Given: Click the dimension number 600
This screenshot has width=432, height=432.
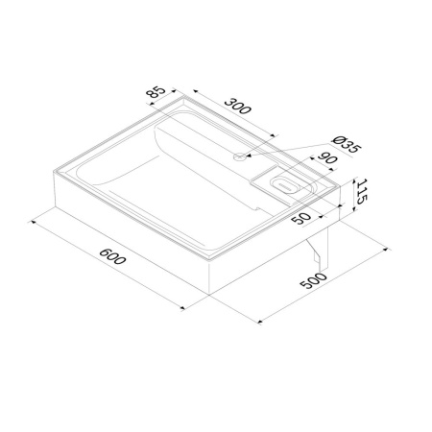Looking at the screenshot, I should tap(113, 259).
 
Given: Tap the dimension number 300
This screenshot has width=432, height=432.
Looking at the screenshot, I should tap(236, 108).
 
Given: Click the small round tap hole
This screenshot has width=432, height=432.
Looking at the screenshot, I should tap(239, 154).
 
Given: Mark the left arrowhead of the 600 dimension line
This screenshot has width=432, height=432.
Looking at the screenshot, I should tap(33, 220).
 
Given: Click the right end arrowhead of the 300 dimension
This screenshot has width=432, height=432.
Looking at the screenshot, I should tap(276, 137).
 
